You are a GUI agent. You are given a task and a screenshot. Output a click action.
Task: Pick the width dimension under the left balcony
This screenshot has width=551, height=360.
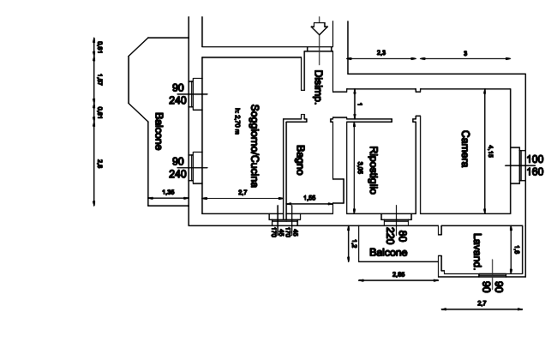[x=168, y=195]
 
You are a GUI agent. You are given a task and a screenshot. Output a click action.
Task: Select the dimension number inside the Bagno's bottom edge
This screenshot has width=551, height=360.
[x=309, y=198]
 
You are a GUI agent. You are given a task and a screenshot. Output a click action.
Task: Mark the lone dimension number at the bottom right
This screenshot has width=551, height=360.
[x=481, y=304]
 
